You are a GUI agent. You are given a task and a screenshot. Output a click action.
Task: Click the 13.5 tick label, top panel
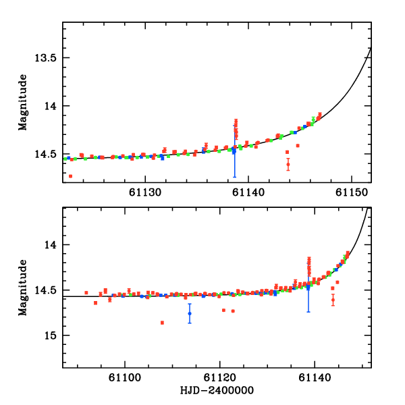45,58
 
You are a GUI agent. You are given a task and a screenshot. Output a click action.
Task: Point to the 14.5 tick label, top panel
45,155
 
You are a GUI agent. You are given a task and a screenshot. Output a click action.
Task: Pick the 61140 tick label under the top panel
249,192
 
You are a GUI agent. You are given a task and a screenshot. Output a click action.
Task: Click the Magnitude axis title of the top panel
23,103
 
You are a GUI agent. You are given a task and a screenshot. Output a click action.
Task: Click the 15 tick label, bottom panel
50,335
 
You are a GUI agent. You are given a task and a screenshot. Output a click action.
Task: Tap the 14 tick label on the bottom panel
50,244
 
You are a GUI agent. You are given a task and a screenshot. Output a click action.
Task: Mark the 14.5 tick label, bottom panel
45,290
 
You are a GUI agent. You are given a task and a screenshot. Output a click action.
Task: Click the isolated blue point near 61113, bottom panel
190,313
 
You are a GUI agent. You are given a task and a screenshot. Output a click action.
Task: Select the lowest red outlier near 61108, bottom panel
163,323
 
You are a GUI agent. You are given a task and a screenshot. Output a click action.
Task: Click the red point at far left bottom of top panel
70,176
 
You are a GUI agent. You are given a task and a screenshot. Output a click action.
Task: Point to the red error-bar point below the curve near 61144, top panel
288,164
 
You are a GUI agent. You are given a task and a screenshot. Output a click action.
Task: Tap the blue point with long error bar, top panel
234,152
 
